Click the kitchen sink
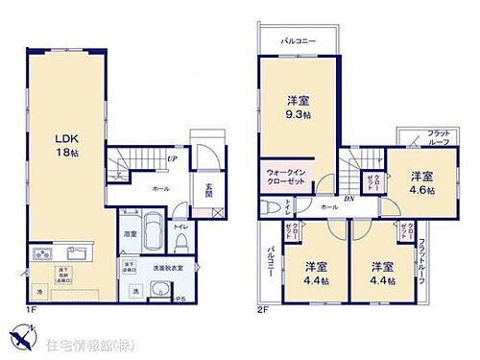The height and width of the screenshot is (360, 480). click(76, 254)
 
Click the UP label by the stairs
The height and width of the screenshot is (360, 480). click(171, 159)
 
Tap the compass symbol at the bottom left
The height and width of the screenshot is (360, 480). click(24, 338)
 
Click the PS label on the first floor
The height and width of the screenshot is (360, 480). click(180, 300)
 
